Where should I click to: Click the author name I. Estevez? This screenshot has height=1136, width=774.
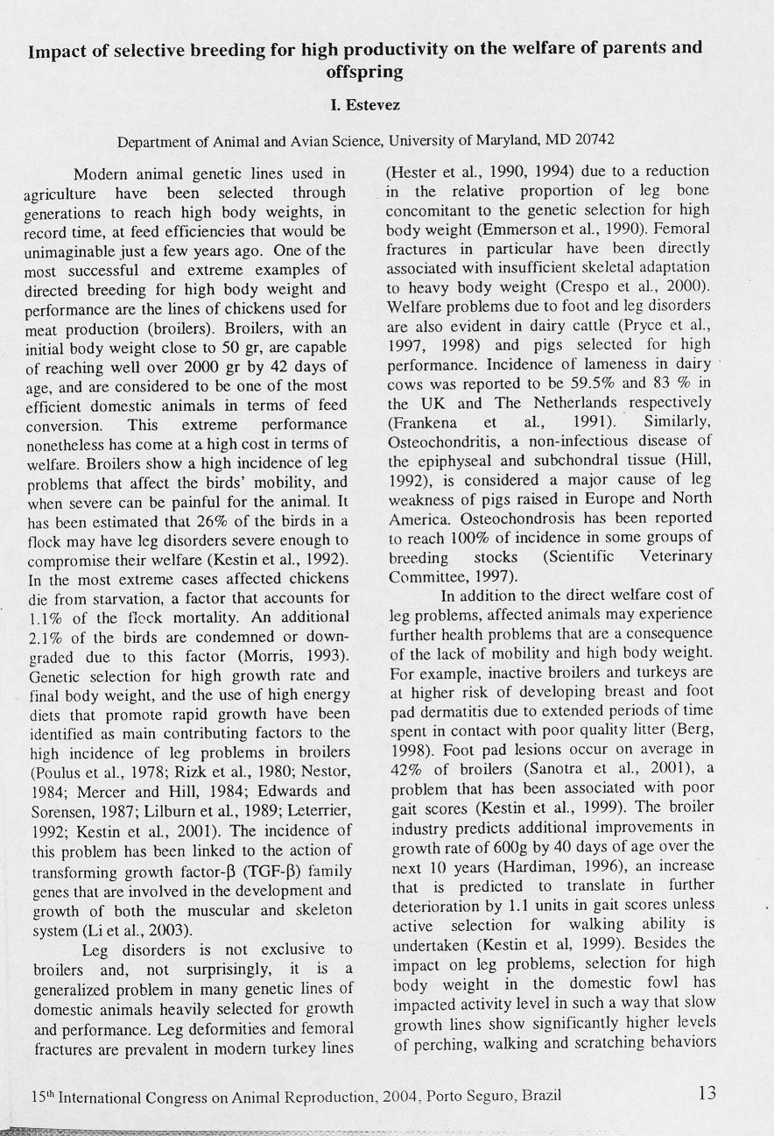pos(365,106)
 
